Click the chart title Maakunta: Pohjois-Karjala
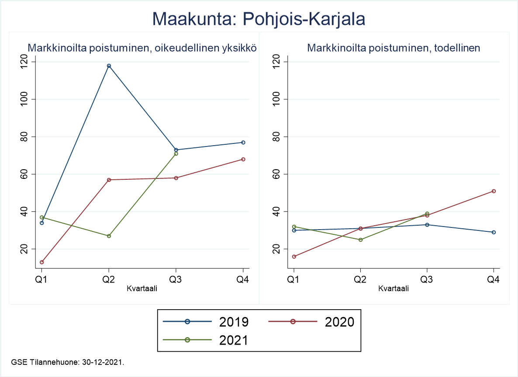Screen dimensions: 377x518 click(259, 19)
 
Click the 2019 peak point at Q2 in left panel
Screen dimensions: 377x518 click(109, 66)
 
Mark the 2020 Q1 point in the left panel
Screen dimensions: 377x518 click(42, 262)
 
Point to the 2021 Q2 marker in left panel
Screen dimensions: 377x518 click(109, 236)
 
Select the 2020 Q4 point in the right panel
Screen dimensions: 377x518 click(494, 191)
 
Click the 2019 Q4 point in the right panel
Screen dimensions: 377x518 click(494, 232)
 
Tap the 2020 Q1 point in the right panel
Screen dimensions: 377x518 click(294, 256)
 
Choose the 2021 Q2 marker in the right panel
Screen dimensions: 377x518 click(360, 240)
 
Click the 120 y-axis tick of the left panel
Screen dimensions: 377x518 click(24, 62)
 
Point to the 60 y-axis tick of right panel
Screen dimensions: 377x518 click(276, 174)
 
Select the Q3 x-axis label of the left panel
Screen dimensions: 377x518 click(176, 279)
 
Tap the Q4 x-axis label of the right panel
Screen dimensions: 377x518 click(494, 279)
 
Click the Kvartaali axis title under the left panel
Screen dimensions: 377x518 click(142, 288)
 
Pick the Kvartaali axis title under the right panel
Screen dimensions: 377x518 click(394, 288)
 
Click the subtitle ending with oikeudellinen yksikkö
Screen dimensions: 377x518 click(142, 48)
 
